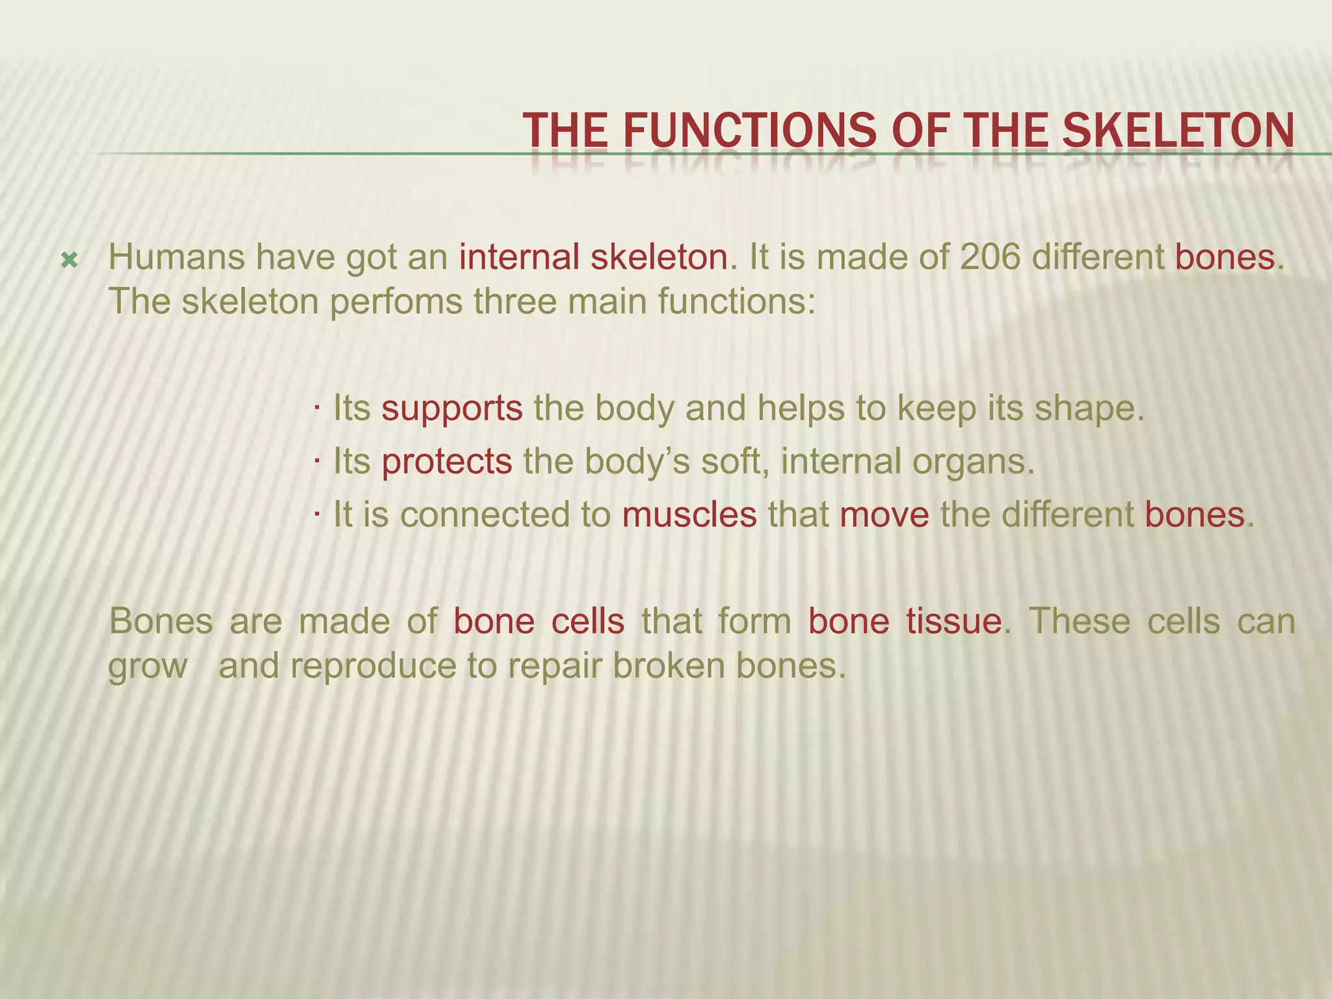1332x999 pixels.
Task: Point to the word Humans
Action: coord(176,258)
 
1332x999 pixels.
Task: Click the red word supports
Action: coord(451,409)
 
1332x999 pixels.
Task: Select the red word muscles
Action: coord(689,515)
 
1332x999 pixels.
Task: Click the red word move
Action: coord(885,515)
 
